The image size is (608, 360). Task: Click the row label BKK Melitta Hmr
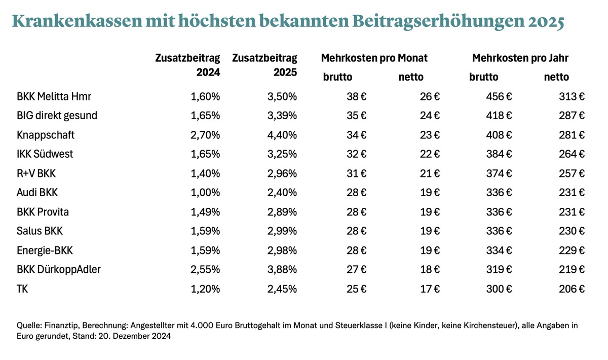tap(54, 96)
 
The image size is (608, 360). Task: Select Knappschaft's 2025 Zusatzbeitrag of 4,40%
tap(282, 135)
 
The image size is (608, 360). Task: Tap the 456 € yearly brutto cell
tap(499, 96)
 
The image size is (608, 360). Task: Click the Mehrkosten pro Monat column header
tap(374, 58)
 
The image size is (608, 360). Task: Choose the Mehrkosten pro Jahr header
tap(520, 58)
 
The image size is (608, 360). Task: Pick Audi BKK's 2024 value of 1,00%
tap(205, 193)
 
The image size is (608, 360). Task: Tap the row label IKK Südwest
tap(45, 154)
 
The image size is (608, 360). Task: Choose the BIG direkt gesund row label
tap(57, 116)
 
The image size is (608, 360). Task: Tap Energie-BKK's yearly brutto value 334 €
tap(499, 250)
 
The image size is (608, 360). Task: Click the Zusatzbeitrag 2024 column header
tap(187, 65)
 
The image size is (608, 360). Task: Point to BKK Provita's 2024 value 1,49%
tap(205, 212)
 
